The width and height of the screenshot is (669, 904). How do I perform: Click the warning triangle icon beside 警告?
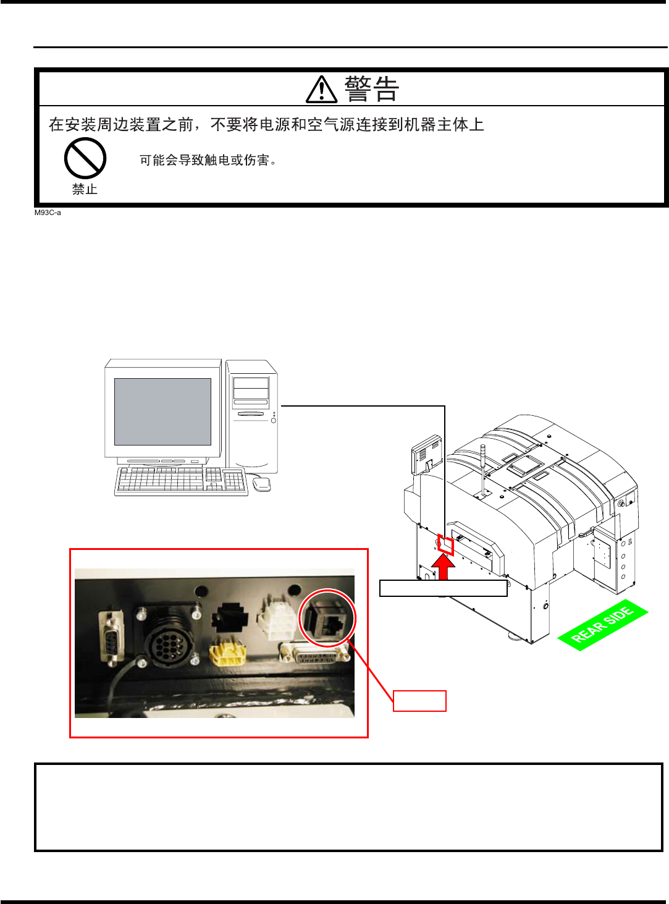[321, 90]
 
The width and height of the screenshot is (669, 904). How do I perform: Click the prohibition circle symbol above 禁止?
[85, 158]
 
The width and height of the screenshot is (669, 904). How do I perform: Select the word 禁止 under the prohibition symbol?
[85, 190]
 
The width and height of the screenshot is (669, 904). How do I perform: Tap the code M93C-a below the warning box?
[48, 213]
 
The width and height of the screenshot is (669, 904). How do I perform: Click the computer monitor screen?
[162, 412]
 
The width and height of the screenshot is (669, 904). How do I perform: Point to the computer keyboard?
[181, 480]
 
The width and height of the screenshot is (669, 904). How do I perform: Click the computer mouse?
[262, 484]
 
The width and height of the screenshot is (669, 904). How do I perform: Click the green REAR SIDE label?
[602, 625]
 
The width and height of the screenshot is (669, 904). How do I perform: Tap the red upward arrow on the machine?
[443, 567]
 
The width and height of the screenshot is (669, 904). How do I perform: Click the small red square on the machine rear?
[445, 545]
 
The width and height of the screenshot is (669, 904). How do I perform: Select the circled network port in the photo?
[327, 619]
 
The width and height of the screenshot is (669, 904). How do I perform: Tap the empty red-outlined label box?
[419, 701]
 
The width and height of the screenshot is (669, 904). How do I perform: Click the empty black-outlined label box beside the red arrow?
[443, 588]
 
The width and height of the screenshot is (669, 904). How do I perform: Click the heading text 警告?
[371, 90]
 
